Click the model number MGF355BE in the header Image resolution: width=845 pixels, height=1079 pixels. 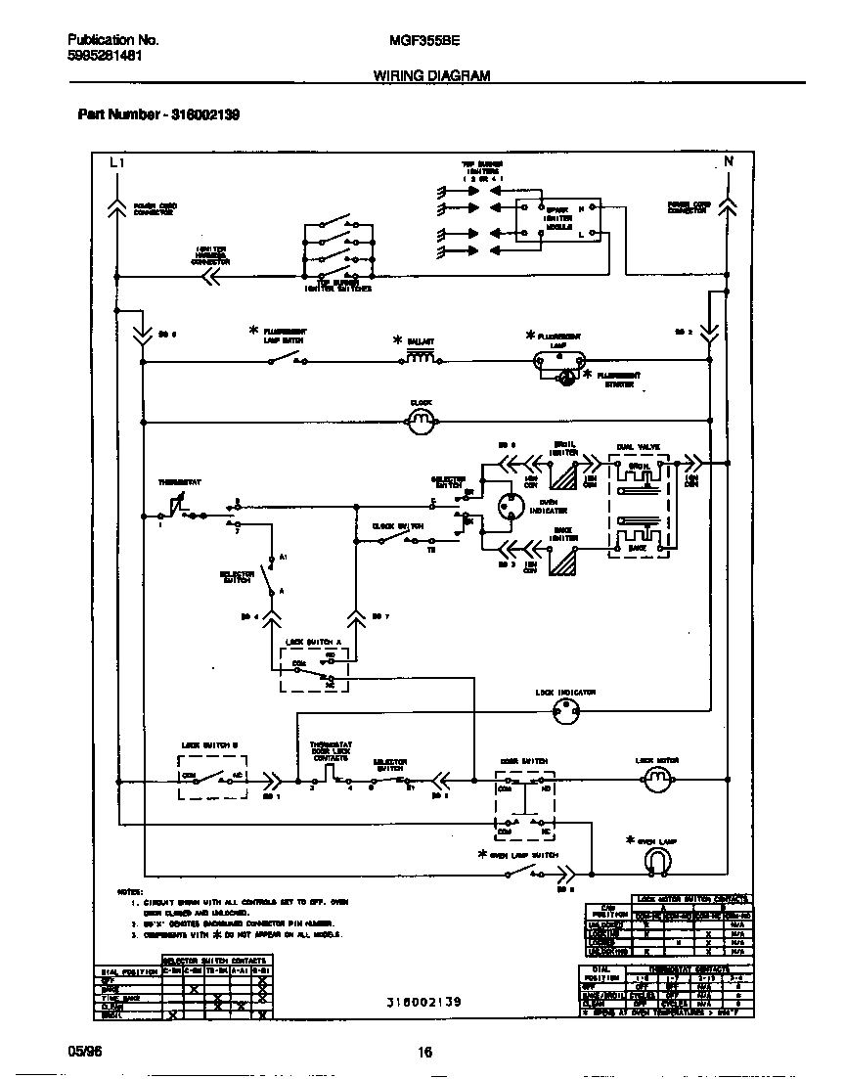pos(424,40)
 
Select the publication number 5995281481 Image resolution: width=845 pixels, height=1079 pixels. pos(107,56)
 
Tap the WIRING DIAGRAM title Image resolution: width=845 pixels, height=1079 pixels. pos(431,75)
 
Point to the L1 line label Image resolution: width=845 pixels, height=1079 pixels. pos(116,162)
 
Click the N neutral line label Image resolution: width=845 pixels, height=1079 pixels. pos(728,161)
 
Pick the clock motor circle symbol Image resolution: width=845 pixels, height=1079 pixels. pos(420,422)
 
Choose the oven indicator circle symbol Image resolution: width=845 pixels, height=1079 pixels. pos(510,506)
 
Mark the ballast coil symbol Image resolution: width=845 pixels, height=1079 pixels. pos(421,359)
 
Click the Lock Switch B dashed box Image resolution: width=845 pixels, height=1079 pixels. pos(210,777)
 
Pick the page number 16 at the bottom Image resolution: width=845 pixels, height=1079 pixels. pos(424,1053)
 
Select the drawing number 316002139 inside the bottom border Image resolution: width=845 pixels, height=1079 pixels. pos(422,1003)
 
